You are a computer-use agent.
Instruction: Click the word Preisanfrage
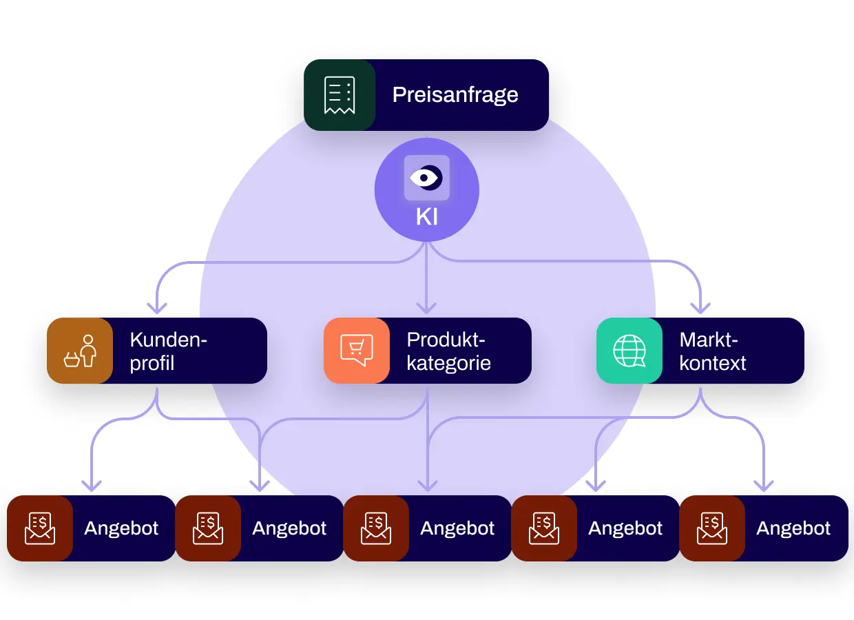(455, 95)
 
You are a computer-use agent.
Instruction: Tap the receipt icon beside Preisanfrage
(340, 95)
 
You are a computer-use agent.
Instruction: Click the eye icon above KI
(426, 178)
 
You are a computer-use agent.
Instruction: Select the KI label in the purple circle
(426, 217)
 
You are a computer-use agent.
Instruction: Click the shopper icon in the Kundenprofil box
(80, 351)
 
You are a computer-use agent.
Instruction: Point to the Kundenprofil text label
(168, 351)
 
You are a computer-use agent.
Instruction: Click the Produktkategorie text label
(449, 351)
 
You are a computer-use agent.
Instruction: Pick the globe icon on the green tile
(629, 351)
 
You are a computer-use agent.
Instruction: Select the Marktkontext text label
(713, 351)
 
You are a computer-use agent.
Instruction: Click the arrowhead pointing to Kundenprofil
(157, 309)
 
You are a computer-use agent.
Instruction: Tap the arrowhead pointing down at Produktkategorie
(426, 309)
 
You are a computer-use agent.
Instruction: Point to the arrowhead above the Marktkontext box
(700, 309)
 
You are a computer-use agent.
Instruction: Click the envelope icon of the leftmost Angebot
(40, 528)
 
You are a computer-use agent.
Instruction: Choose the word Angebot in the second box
(289, 528)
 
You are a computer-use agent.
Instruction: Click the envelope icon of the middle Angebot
(376, 528)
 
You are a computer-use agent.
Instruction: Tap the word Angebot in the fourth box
(625, 528)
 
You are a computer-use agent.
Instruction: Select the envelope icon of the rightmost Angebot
(712, 528)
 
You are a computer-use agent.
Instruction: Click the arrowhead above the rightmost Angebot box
(764, 486)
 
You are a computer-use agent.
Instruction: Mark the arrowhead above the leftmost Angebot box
(92, 486)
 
